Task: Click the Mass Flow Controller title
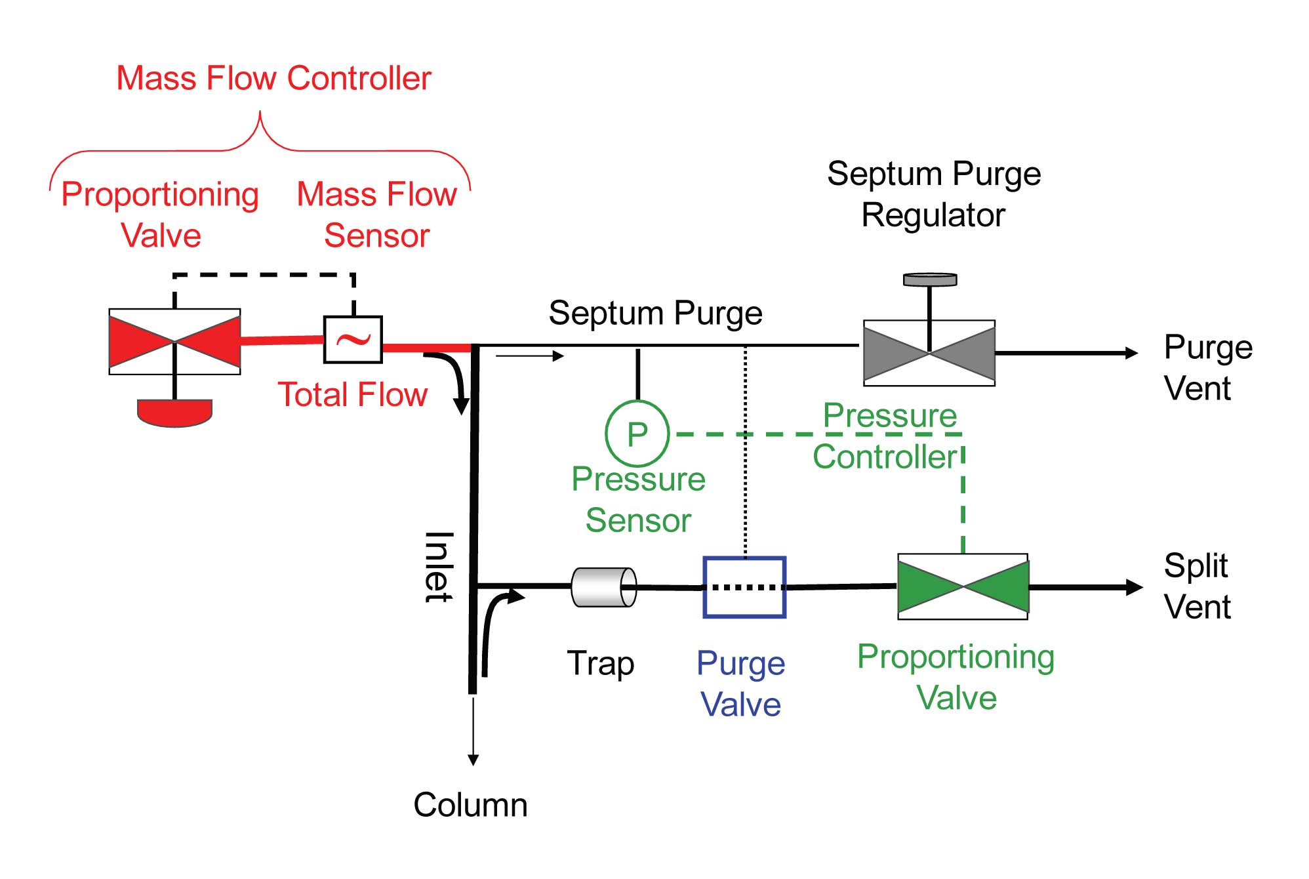click(273, 79)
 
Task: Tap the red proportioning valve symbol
click(174, 341)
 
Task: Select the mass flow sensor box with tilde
click(353, 340)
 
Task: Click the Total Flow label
click(352, 395)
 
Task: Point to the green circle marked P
click(637, 434)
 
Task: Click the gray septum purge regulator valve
click(929, 353)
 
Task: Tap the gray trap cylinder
click(603, 587)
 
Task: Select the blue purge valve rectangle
click(744, 587)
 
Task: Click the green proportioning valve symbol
click(963, 586)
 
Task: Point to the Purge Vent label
click(1207, 368)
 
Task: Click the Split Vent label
click(1197, 586)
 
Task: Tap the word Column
click(470, 805)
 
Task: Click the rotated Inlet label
click(438, 567)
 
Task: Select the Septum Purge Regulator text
click(933, 195)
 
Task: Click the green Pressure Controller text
click(887, 436)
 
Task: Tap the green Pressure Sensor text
click(638, 500)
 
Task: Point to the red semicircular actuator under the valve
click(174, 413)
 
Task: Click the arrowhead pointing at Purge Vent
click(1131, 353)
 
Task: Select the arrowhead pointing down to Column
click(473, 760)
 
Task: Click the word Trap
click(600, 663)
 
